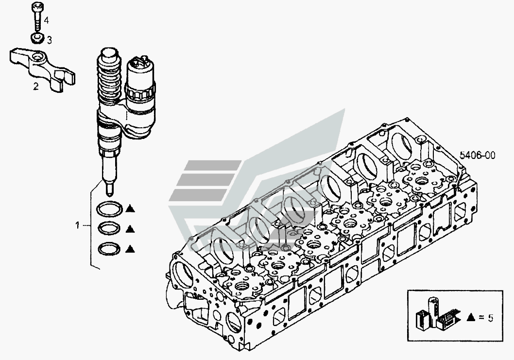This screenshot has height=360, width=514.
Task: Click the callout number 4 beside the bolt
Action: (46, 20)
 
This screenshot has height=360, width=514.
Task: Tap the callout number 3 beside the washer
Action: (50, 40)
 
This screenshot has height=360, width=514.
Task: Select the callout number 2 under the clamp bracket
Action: (36, 86)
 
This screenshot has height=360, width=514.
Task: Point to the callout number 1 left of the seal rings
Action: (78, 225)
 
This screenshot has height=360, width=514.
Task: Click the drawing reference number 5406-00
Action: (477, 155)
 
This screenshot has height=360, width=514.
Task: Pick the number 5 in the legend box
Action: (490, 318)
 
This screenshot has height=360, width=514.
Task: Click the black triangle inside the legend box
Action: (471, 317)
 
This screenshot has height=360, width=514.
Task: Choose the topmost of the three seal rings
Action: (109, 209)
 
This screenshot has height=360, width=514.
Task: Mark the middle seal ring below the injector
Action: (109, 229)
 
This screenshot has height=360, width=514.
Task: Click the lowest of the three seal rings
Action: (109, 248)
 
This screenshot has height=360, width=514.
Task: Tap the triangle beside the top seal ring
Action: (131, 208)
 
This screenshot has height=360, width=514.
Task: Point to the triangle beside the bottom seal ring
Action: (131, 249)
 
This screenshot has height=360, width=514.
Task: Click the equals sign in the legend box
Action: (481, 317)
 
